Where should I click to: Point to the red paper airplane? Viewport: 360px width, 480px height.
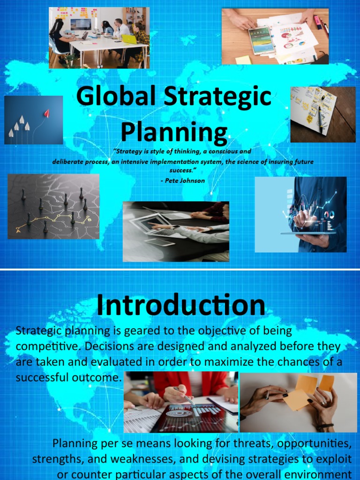[46, 113]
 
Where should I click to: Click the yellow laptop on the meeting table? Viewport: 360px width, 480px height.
[129, 39]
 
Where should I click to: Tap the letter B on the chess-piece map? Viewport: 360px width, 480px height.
[89, 219]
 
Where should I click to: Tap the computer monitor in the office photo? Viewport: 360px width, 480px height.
[81, 24]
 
